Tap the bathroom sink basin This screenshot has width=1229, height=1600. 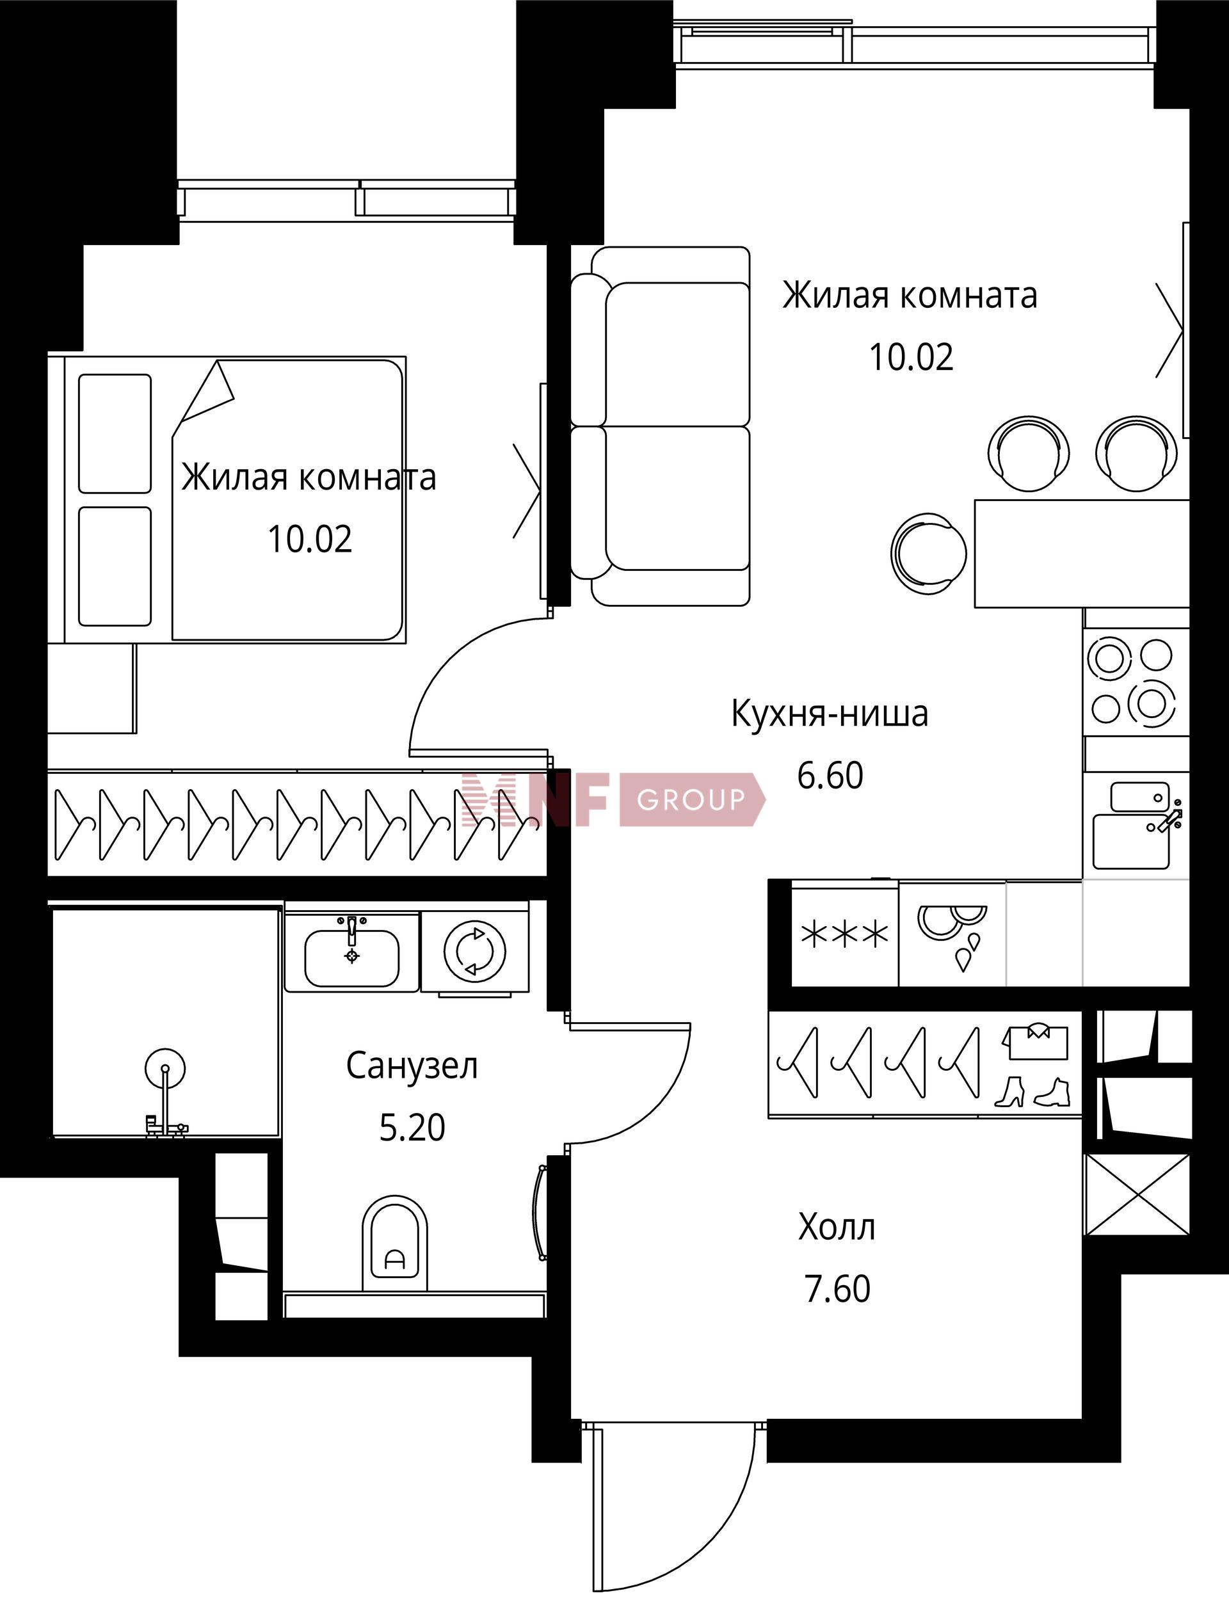click(352, 958)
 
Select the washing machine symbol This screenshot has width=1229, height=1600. click(475, 950)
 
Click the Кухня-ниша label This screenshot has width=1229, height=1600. click(830, 714)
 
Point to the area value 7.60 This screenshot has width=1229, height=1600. click(838, 1288)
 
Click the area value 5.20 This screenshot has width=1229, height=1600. click(412, 1127)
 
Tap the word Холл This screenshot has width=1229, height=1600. click(837, 1227)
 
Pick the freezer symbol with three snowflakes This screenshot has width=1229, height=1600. click(845, 934)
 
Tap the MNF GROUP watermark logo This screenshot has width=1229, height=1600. click(613, 799)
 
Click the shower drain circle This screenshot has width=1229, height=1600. click(165, 1068)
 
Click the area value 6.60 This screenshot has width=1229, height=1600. click(830, 775)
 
